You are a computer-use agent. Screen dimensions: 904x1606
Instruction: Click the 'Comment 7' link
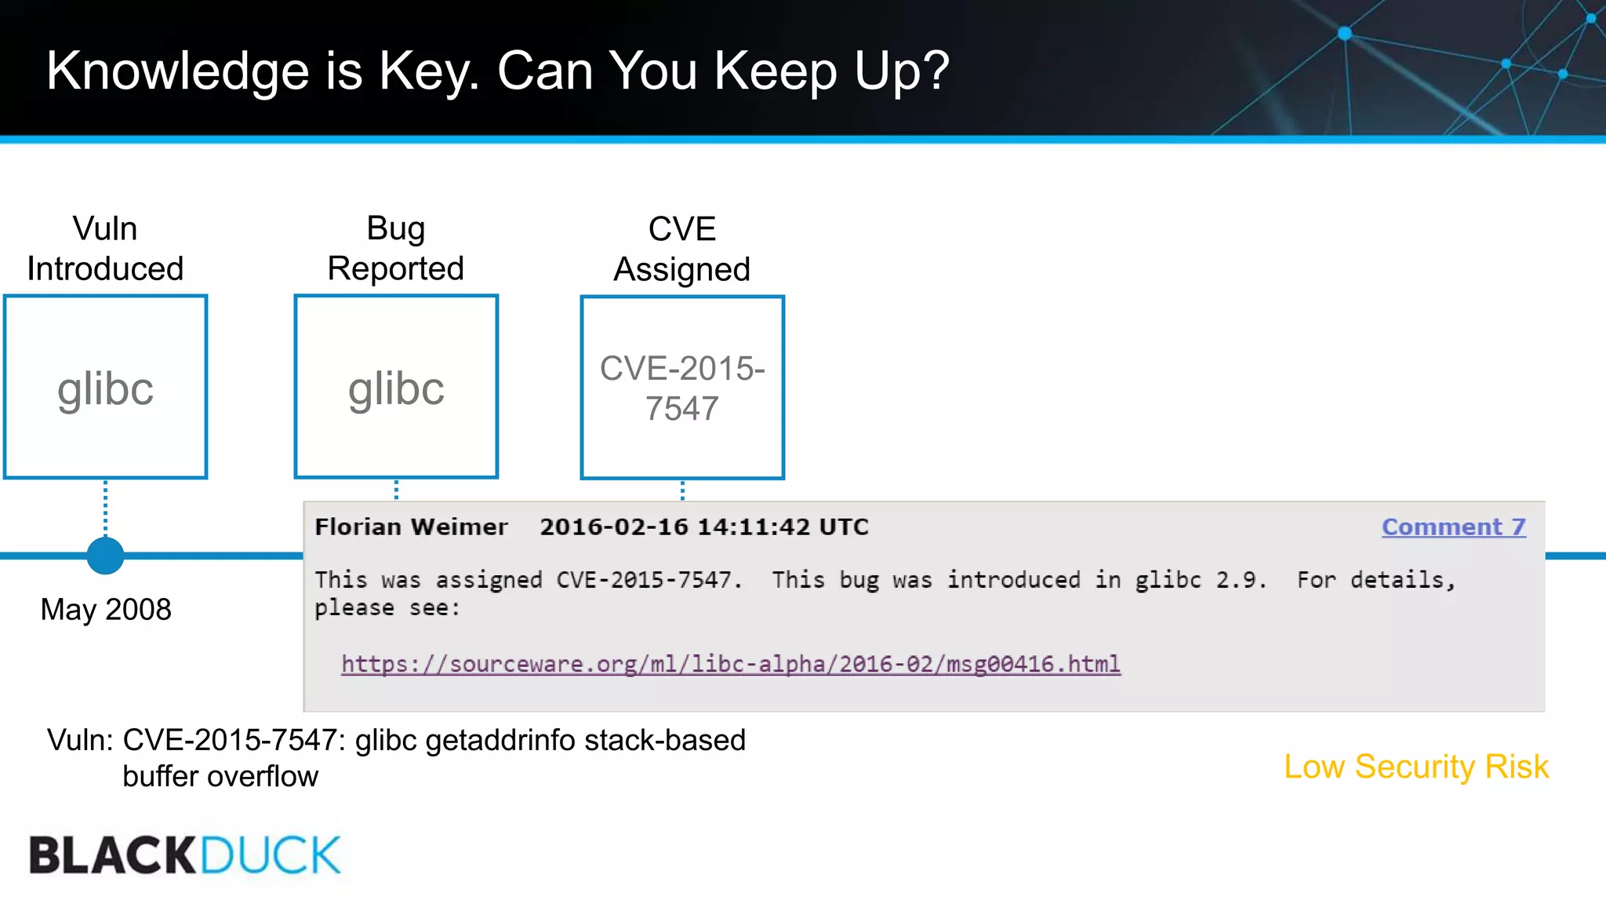(1453, 527)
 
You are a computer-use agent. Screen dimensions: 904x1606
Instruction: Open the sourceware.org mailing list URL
(730, 664)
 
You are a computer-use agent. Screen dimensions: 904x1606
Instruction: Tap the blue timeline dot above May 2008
(105, 556)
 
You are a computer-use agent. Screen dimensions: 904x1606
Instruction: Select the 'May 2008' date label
(106, 610)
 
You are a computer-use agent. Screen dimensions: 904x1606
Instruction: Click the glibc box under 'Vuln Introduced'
(106, 387)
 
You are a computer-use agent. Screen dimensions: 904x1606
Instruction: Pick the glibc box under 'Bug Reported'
(396, 387)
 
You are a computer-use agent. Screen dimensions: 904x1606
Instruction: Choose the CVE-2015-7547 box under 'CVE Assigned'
(682, 388)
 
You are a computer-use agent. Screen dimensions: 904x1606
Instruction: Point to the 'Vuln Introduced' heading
(105, 249)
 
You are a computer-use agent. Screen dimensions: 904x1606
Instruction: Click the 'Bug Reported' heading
(396, 249)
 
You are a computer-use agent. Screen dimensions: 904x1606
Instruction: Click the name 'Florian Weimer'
(411, 527)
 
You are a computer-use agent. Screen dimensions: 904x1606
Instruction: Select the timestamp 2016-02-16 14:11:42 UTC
(703, 527)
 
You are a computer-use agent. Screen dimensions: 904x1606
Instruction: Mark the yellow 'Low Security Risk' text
(1416, 767)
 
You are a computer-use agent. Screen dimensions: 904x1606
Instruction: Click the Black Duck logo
(185, 855)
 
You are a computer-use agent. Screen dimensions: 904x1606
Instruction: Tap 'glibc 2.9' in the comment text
(1200, 580)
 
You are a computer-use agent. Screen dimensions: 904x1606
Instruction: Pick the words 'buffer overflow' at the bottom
(220, 776)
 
